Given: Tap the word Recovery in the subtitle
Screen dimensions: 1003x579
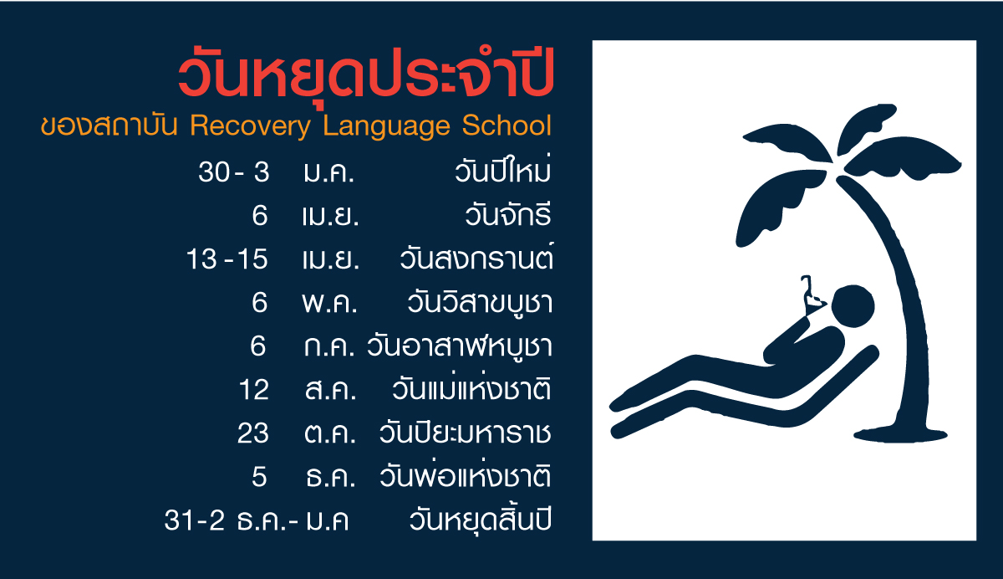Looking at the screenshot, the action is tap(250, 126).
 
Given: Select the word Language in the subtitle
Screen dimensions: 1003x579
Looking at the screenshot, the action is tap(386, 126).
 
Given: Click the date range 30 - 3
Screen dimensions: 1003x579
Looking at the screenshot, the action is tap(234, 172).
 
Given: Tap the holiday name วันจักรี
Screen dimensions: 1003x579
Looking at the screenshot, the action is tap(508, 214).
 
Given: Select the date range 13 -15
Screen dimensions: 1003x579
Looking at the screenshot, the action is tap(227, 259).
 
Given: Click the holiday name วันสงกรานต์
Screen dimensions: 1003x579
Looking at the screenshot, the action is tap(476, 256).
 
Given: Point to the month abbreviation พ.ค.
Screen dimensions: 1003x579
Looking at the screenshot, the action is tap(329, 303).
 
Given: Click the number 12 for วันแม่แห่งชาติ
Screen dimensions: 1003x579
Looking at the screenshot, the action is tap(254, 390).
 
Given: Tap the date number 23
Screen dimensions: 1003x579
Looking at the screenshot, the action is tap(253, 433).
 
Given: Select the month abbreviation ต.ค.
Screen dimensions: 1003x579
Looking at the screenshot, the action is tap(330, 433).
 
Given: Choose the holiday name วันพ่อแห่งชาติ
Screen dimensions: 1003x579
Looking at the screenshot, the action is tap(466, 474).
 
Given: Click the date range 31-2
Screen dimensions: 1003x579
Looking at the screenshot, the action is tap(194, 520).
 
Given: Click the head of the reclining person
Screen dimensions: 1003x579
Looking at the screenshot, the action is tap(853, 306).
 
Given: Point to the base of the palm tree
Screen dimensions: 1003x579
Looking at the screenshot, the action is tap(900, 435).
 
